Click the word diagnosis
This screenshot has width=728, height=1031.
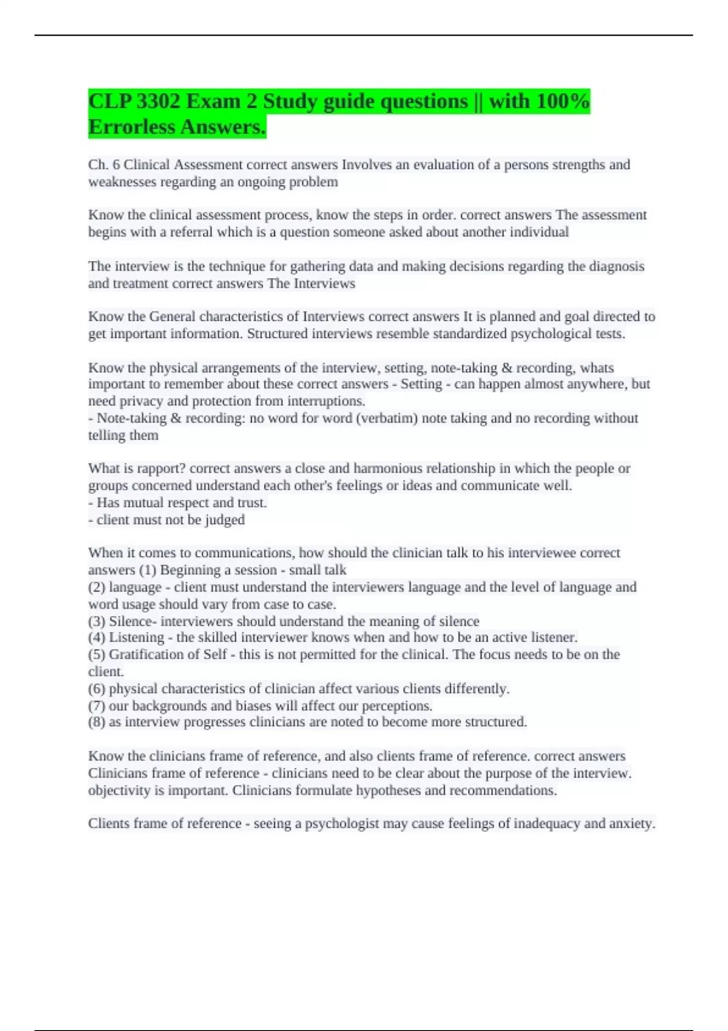point(618,266)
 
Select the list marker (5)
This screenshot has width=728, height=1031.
point(97,654)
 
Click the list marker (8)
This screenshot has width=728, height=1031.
point(97,722)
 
